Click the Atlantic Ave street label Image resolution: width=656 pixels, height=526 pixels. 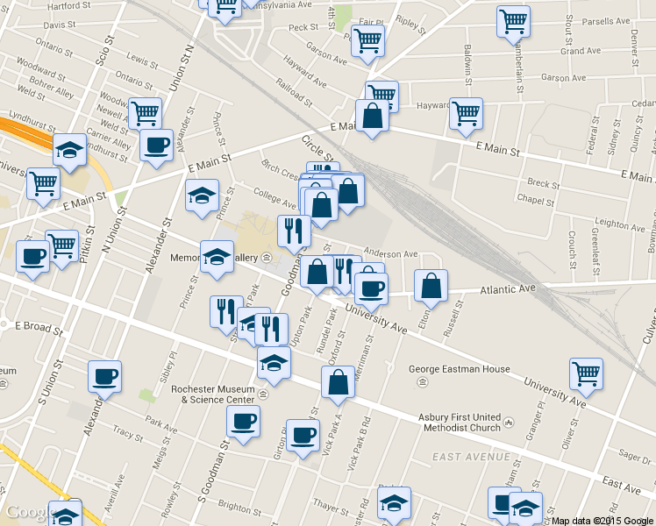point(507,288)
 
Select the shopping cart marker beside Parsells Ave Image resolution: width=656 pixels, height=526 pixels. point(513,21)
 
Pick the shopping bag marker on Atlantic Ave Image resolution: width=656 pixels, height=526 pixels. point(431,286)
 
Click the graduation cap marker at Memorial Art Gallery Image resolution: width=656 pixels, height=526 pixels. point(217,257)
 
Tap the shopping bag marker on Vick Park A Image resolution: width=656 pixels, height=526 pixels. point(339,382)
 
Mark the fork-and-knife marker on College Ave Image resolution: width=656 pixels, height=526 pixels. point(293,231)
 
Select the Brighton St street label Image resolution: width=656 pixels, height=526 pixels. point(234,507)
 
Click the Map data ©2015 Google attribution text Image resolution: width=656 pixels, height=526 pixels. point(602,520)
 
